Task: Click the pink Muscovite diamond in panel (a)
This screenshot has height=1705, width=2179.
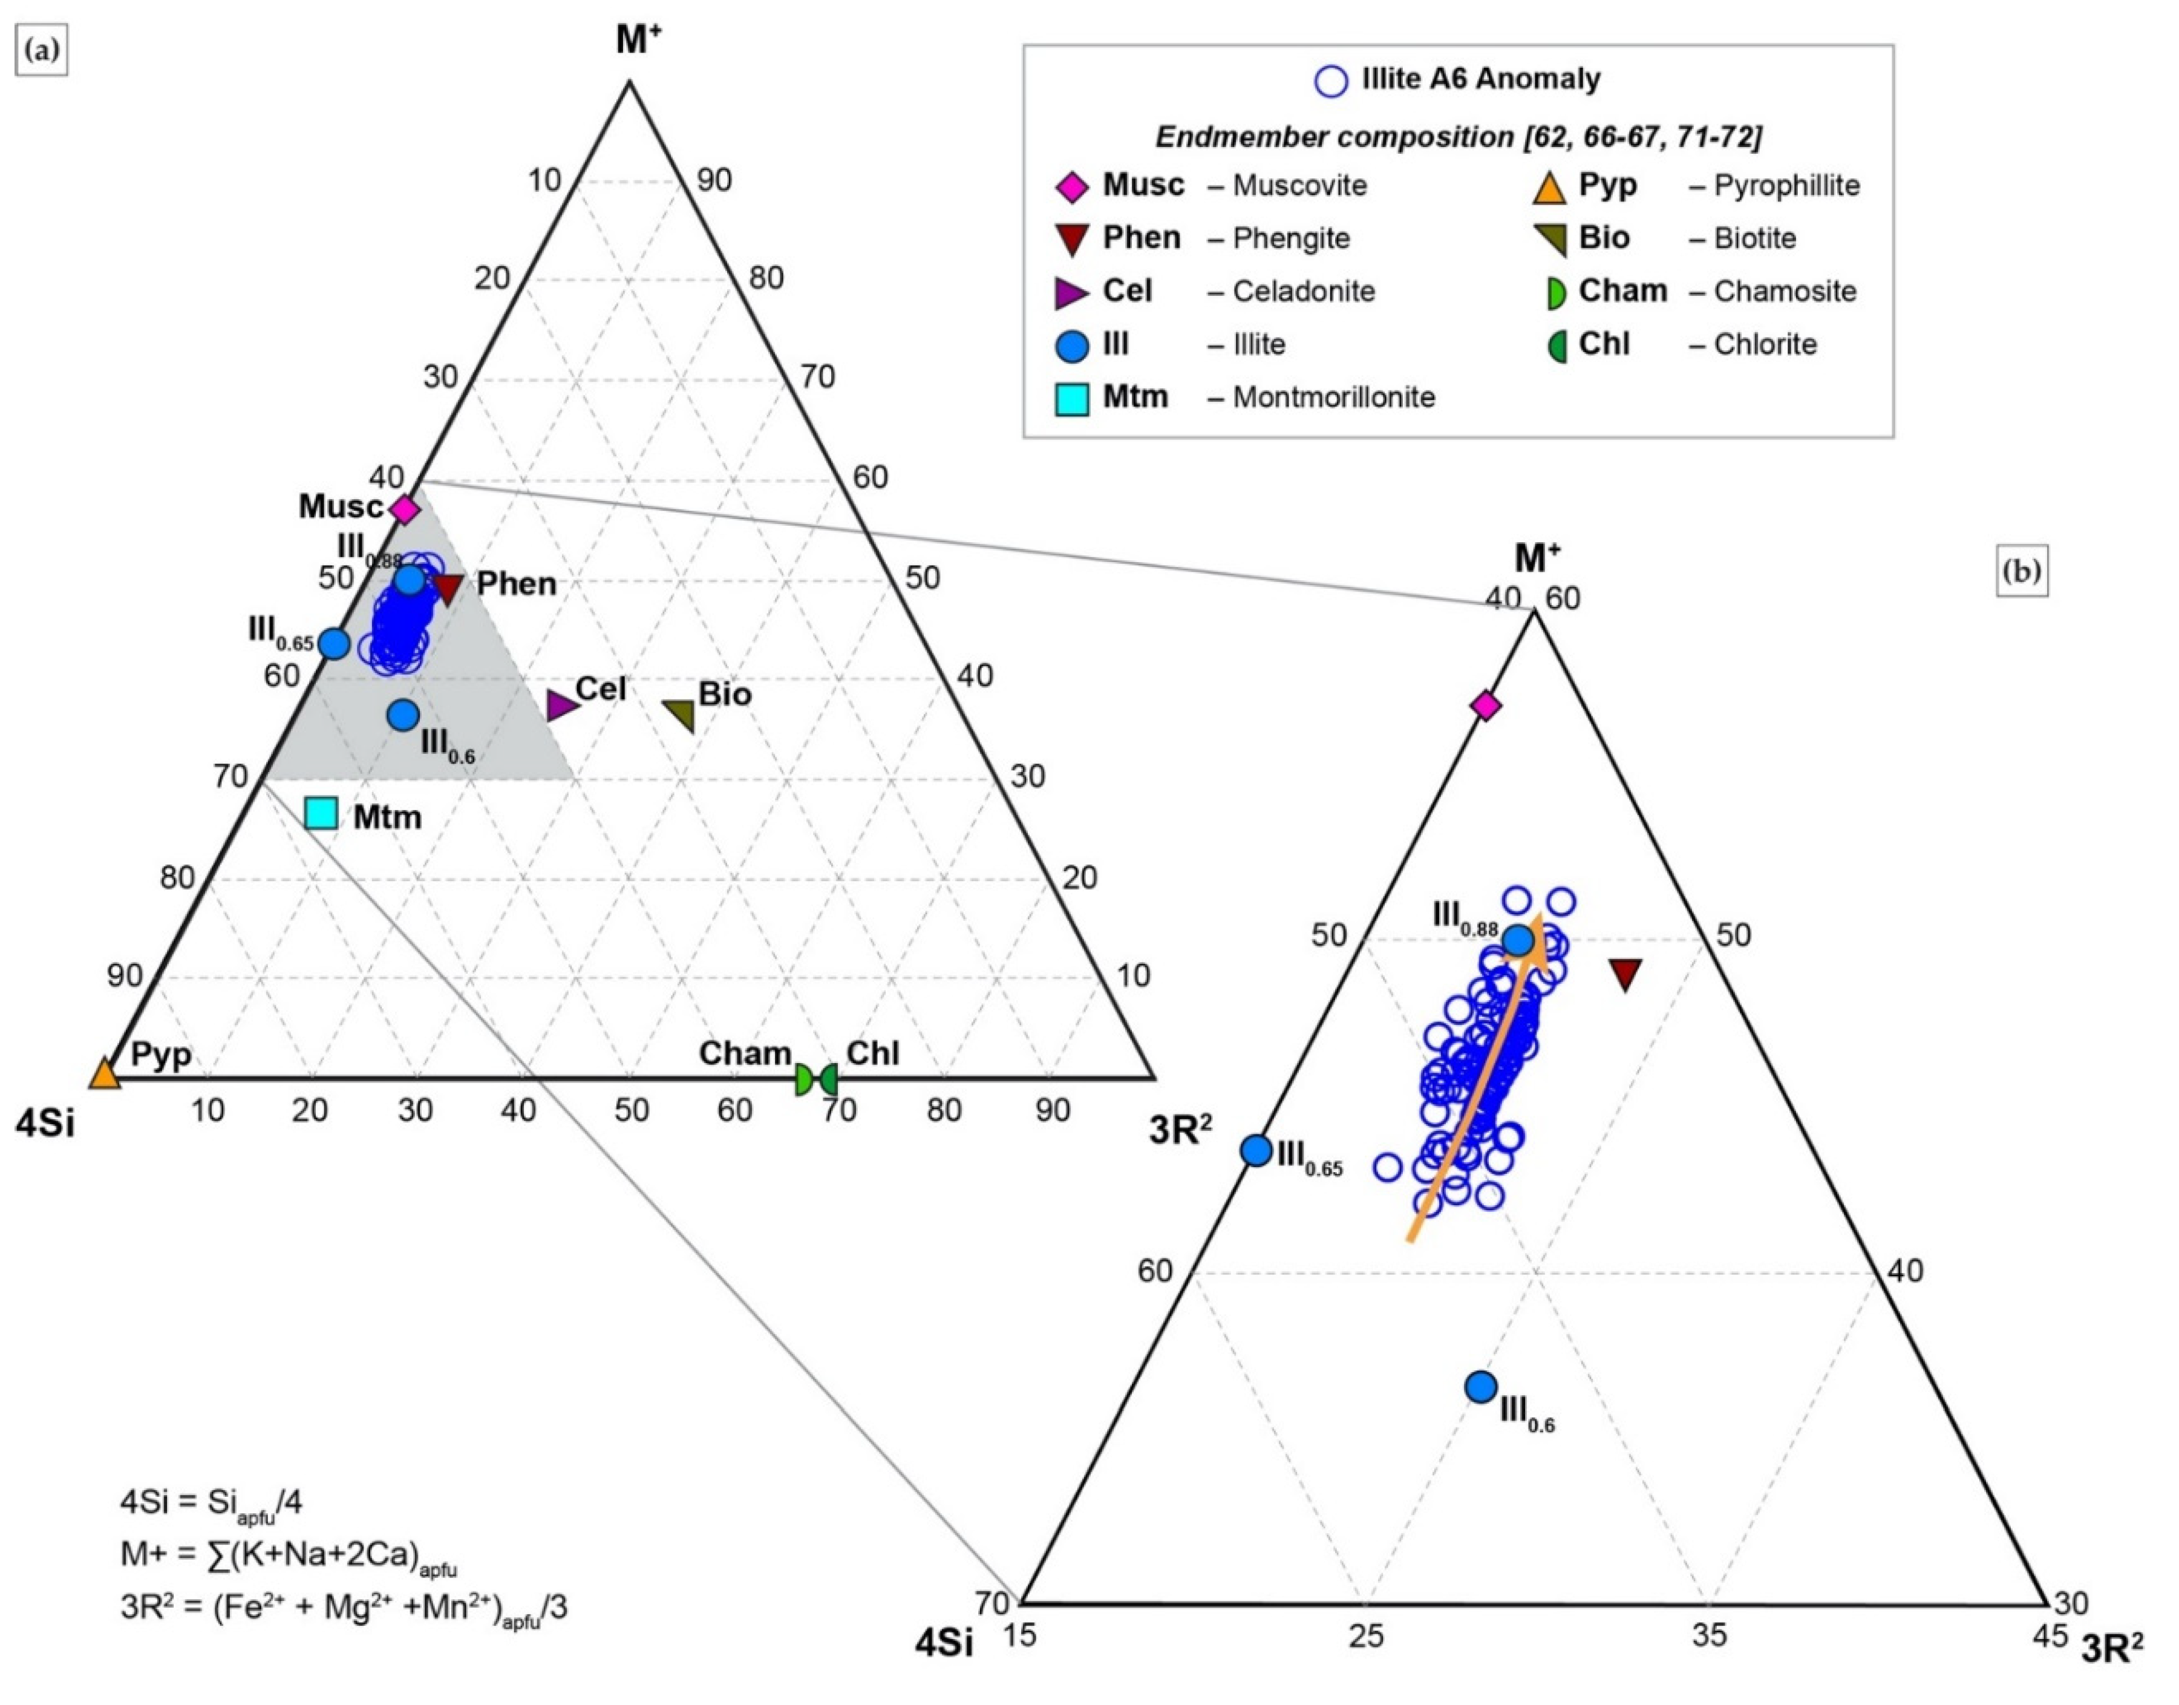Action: coord(403,509)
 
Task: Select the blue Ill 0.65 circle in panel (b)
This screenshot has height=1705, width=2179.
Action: coord(1256,1150)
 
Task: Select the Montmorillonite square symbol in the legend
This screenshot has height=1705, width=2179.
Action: coord(1072,398)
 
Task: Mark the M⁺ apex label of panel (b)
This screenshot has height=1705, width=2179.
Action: coord(1537,558)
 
